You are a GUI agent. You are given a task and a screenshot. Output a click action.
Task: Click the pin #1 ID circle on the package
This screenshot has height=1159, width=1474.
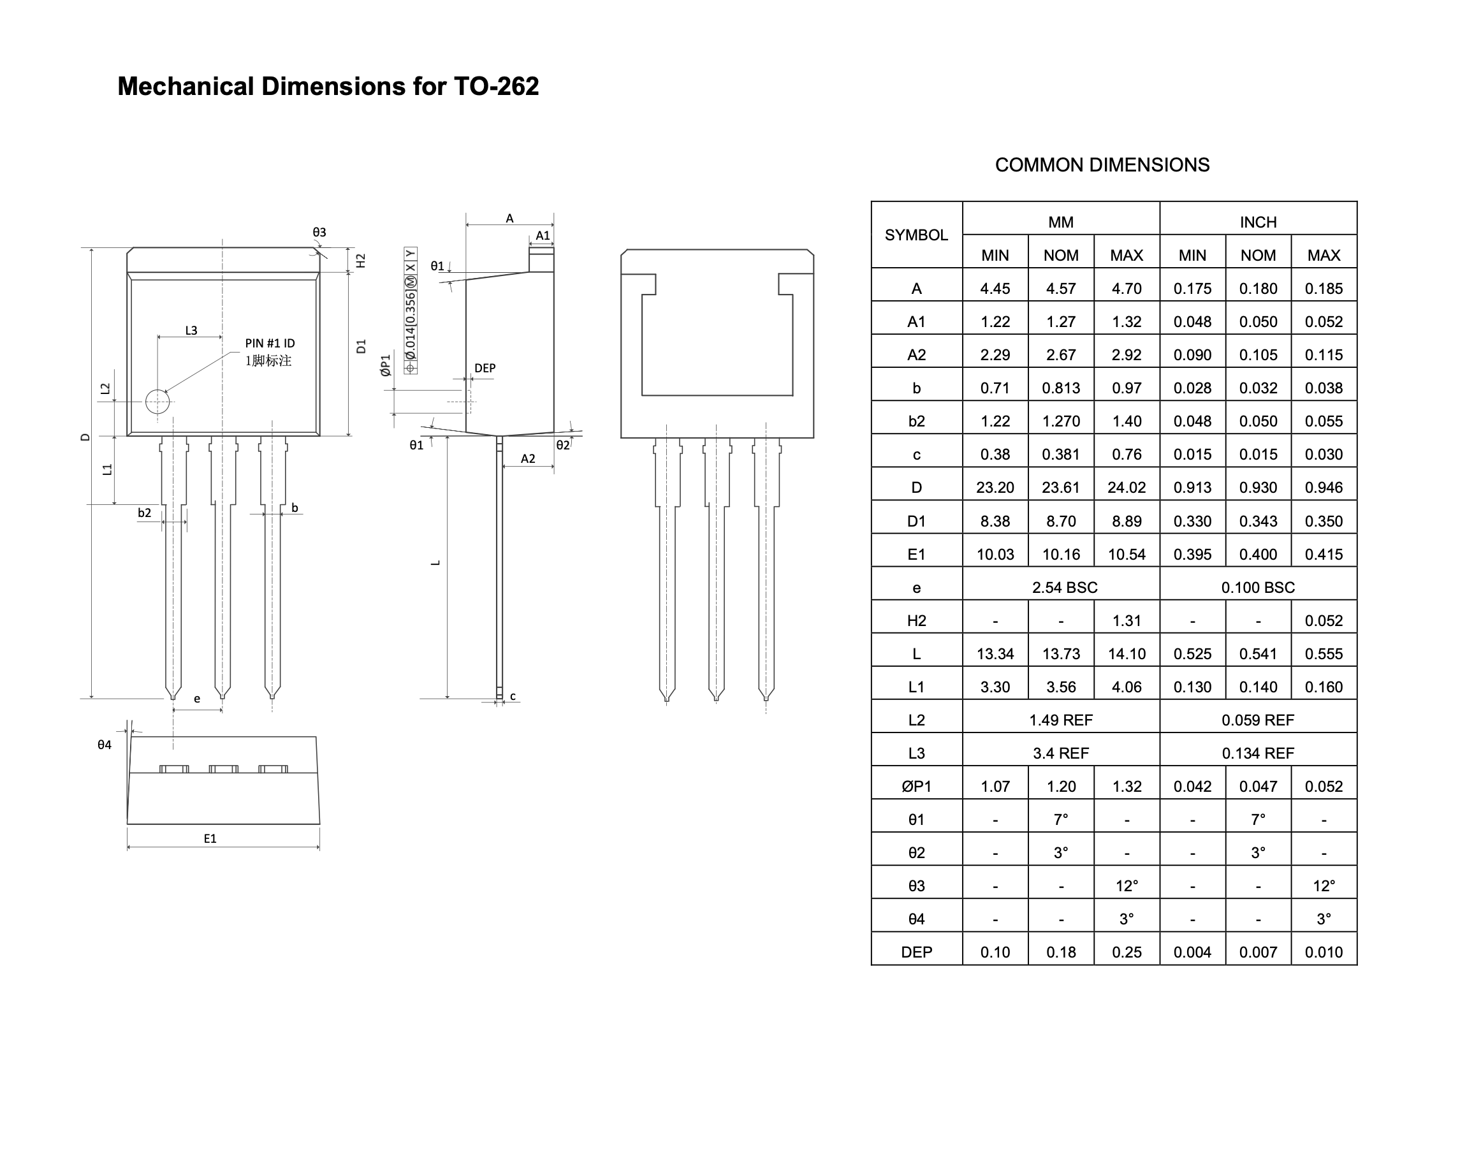[157, 402]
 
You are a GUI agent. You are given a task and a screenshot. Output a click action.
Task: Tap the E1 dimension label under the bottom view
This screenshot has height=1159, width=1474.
[210, 839]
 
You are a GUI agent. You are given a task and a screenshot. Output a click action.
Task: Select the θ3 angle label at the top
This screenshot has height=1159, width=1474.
[319, 232]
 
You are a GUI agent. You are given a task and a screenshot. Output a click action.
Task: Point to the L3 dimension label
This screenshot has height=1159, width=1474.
[191, 330]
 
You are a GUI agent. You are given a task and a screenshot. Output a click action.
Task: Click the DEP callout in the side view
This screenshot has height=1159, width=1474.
[485, 368]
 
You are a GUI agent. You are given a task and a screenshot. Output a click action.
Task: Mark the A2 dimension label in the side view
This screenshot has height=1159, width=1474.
[528, 459]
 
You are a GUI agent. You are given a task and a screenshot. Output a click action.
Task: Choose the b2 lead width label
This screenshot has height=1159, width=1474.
[145, 513]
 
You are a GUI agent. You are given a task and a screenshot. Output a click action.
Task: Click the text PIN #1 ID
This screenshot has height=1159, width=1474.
[270, 344]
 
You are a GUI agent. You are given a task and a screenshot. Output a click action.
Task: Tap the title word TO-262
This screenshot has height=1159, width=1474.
[496, 86]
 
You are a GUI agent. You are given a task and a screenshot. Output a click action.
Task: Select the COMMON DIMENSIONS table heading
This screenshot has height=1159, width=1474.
[1102, 165]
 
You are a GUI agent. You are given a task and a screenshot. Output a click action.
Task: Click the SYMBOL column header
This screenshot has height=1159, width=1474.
[916, 235]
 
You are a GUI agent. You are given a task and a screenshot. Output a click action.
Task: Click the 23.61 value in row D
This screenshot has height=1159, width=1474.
[1061, 487]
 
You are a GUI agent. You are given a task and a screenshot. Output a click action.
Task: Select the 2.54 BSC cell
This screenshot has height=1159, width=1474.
[1064, 587]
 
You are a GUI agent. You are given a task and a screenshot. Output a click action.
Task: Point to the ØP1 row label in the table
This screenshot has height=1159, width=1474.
[916, 787]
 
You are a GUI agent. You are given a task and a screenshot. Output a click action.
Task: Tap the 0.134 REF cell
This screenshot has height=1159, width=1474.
[1257, 753]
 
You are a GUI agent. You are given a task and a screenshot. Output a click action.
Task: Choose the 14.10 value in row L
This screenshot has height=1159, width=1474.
[1127, 653]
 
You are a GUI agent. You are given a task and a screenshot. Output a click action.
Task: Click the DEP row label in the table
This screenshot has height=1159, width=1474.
[916, 952]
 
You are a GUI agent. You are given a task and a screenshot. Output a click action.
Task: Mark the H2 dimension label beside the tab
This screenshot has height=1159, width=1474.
[361, 261]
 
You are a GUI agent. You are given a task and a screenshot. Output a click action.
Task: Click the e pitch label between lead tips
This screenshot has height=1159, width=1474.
[197, 698]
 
